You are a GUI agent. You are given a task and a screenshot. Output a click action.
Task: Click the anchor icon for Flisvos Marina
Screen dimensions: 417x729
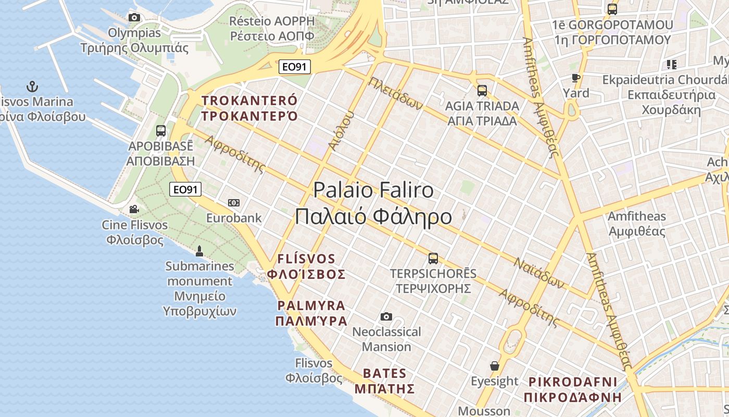[x=33, y=86]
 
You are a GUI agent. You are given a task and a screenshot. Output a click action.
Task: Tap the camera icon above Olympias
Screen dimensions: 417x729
[x=134, y=17]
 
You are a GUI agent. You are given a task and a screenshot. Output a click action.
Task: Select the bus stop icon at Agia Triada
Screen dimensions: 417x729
[x=482, y=91]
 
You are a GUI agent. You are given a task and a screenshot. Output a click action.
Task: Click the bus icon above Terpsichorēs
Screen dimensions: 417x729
[x=433, y=258]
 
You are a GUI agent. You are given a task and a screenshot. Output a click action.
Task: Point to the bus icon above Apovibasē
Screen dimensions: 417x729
[x=161, y=131]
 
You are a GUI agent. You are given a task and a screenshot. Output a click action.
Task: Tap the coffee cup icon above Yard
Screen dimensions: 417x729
[x=575, y=78]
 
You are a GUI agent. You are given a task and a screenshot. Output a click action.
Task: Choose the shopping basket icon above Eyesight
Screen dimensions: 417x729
[x=494, y=366]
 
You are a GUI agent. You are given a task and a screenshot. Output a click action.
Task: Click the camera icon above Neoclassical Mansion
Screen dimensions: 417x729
[x=386, y=316]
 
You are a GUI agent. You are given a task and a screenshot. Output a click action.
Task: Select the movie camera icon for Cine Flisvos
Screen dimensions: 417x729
[x=134, y=210]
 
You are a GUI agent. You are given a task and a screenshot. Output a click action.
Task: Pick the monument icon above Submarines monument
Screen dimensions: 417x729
[x=199, y=251]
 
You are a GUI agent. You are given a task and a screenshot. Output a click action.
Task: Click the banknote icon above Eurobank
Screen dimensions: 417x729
[x=234, y=202]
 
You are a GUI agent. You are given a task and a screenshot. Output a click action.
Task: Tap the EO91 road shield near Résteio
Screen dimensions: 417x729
[x=295, y=67]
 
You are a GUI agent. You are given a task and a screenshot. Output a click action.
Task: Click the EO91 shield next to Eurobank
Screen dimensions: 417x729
[x=185, y=189]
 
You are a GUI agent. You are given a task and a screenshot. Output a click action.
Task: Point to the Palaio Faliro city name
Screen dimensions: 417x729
[x=373, y=203]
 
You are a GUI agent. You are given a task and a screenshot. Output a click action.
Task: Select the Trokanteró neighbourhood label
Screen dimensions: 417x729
[x=249, y=108]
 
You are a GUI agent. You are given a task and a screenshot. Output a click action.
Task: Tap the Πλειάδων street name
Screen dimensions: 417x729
[x=395, y=93]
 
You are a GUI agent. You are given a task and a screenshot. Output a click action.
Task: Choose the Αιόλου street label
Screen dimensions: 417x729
[x=341, y=130]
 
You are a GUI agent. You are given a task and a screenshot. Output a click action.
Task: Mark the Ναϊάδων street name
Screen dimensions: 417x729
[x=539, y=272]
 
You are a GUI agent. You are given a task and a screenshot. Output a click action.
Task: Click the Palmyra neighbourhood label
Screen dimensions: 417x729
[x=311, y=313]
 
